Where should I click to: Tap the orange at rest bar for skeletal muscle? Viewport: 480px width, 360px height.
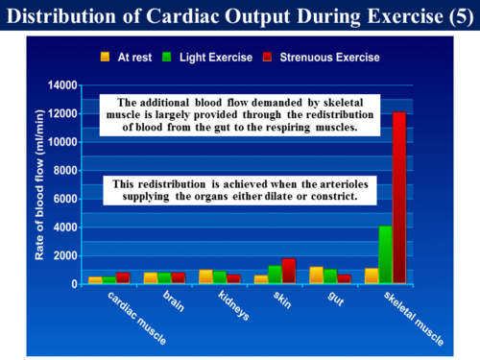tap(372, 276)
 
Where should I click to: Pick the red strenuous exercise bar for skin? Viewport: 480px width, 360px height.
tap(289, 271)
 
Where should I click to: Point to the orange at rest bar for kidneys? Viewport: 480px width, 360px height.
tap(205, 276)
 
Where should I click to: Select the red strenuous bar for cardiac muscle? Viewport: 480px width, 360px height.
tap(123, 278)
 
